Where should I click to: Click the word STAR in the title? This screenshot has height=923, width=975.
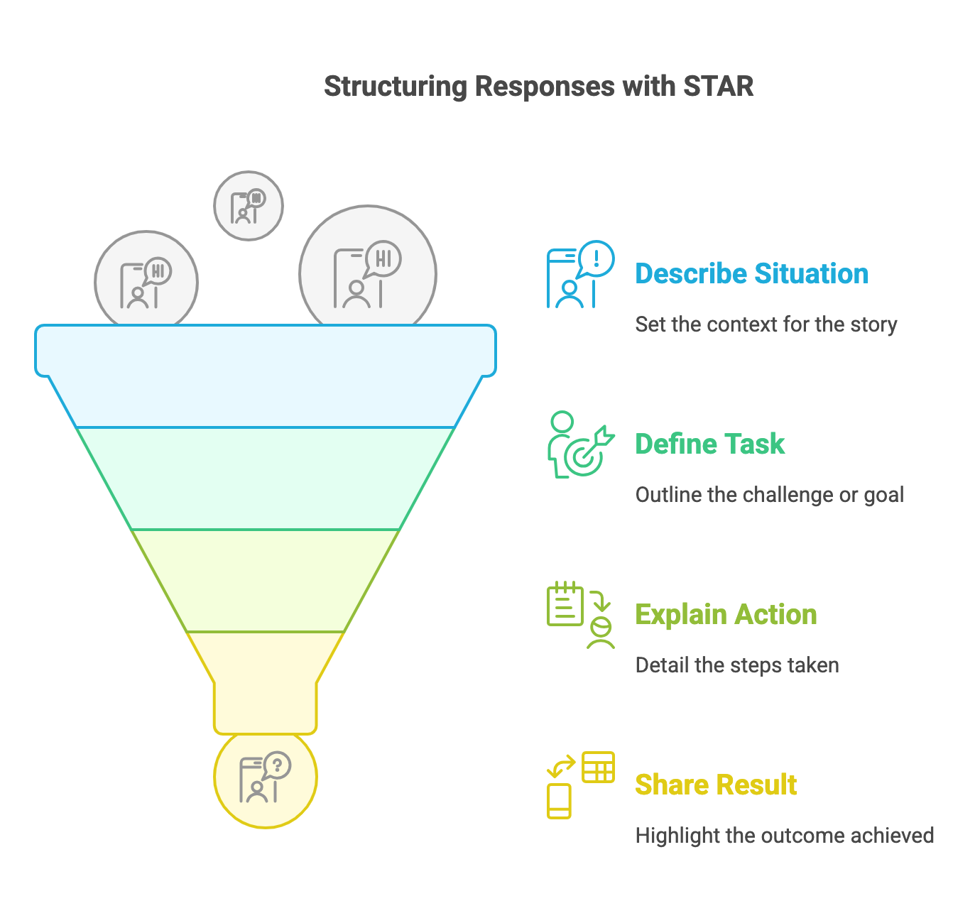click(718, 87)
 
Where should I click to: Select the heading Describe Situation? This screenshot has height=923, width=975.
click(751, 274)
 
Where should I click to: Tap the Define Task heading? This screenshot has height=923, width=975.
click(709, 444)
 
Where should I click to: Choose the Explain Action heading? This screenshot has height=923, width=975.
click(726, 615)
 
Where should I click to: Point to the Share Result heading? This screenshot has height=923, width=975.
click(716, 785)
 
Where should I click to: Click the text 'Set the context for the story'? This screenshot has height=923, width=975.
click(766, 324)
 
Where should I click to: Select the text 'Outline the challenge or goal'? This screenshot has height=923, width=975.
click(770, 495)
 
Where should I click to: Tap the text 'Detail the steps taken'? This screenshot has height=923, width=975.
click(737, 665)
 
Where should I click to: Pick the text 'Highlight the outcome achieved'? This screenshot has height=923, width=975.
click(785, 836)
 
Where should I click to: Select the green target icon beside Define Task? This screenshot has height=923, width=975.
click(580, 445)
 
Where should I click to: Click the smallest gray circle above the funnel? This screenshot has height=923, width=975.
click(249, 206)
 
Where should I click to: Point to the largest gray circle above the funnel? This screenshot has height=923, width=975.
click(367, 273)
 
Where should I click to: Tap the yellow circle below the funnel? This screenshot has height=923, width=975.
click(265, 779)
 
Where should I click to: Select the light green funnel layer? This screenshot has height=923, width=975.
click(265, 478)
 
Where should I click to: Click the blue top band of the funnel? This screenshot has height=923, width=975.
click(265, 350)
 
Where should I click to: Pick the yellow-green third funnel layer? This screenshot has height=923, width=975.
click(265, 580)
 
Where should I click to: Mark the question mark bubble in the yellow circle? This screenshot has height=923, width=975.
click(278, 765)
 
